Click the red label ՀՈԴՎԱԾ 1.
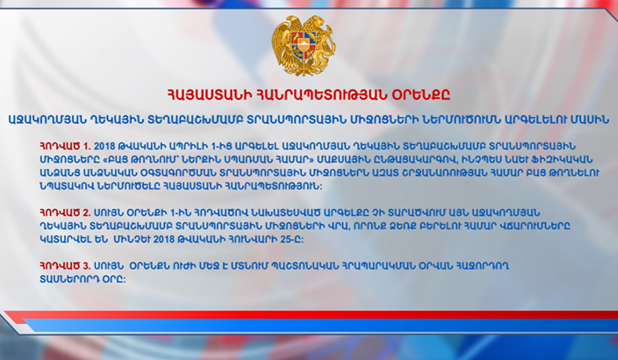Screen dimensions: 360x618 point(65,146)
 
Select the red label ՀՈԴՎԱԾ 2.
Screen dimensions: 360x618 point(65,213)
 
